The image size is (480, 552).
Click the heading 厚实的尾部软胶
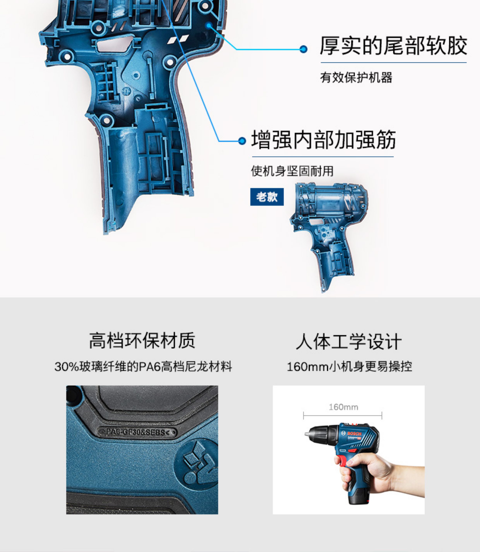393,46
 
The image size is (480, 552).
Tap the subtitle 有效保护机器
356,78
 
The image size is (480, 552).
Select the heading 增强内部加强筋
324,140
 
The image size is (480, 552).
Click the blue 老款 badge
267,197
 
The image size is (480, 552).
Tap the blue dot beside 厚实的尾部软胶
303,49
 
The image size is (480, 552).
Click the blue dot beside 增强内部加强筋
242,141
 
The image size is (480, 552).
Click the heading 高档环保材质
142,341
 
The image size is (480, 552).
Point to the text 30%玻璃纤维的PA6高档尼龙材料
143,366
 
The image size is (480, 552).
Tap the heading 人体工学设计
349,341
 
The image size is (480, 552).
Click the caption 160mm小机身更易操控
349,366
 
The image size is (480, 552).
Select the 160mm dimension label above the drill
343,407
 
